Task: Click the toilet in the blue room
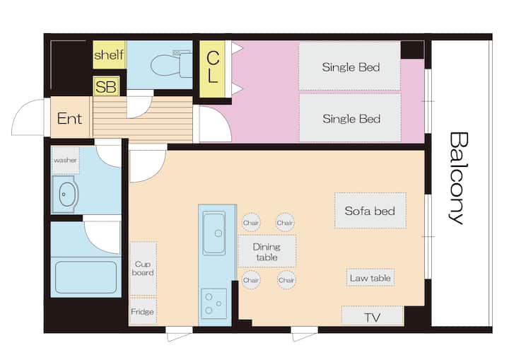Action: point(171,64)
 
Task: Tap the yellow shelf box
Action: point(109,54)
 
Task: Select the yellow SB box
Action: point(106,86)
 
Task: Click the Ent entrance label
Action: point(69,119)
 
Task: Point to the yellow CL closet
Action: point(212,69)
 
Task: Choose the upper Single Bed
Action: point(350,66)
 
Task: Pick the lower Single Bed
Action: point(350,118)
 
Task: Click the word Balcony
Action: point(459,178)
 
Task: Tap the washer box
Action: point(65,160)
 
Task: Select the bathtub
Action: point(86,277)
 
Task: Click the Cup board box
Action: point(143,269)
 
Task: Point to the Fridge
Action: point(143,311)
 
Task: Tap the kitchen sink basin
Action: point(214,233)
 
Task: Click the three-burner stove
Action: point(213,304)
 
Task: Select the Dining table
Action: point(267,252)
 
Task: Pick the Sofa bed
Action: point(370,211)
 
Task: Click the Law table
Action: point(370,278)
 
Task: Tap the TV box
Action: point(372,315)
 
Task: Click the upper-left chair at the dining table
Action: point(251,223)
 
